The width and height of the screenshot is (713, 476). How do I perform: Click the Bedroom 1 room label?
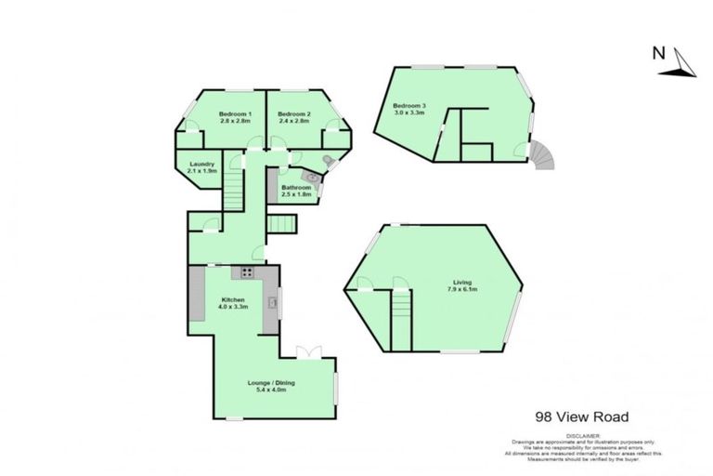coord(235,113)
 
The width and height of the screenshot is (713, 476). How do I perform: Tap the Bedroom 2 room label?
coord(294,113)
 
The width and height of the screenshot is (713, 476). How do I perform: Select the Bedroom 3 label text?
coord(409,106)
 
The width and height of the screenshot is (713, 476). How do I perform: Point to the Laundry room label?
coord(201,165)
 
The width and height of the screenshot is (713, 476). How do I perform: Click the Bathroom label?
coord(296,187)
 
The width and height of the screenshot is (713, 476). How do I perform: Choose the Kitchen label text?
coord(232,299)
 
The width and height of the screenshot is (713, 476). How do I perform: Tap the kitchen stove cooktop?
coord(248,272)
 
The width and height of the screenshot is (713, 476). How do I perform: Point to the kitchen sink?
coord(272,301)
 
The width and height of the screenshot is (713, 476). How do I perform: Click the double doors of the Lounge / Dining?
coord(307,350)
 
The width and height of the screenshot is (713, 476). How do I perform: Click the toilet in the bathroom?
coord(325,161)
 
